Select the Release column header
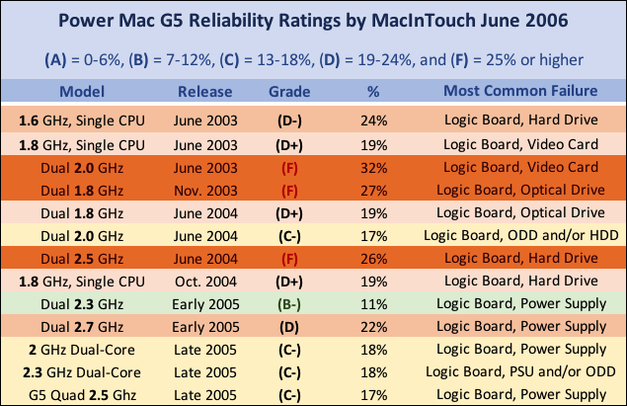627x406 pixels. (205, 92)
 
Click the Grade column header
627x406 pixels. (289, 92)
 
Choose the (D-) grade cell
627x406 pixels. (289, 122)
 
